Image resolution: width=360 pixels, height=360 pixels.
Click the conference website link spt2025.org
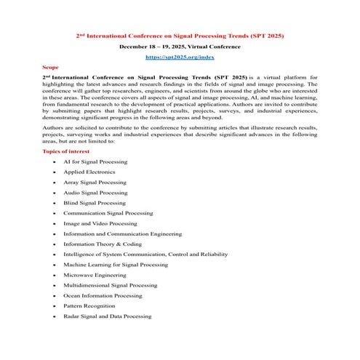180,56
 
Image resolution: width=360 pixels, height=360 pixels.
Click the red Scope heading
50,65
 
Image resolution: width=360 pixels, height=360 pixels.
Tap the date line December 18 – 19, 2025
180,45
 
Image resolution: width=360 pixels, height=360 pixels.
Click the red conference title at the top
180,34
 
